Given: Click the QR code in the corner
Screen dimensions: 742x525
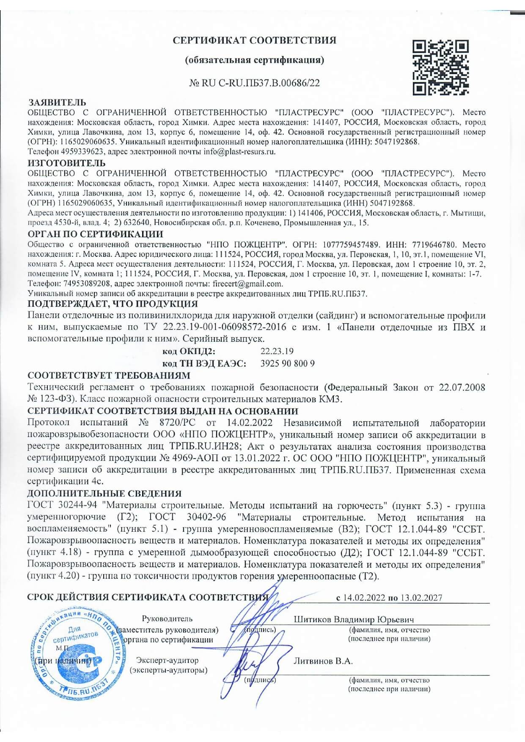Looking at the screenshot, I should [440, 67].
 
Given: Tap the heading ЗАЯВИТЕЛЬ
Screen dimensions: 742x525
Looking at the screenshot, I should [57, 102].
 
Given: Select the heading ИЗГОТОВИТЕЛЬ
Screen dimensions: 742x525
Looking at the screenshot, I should [66, 163].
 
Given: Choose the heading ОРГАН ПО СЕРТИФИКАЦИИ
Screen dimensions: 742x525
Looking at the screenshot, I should [95, 234].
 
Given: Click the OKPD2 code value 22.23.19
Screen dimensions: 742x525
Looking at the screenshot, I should [277, 351].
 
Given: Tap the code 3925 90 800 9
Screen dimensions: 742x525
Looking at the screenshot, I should [288, 363].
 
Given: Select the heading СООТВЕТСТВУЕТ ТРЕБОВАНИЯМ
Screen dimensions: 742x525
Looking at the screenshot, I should [109, 375].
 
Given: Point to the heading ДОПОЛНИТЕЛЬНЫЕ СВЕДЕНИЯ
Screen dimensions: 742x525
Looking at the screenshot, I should [104, 493].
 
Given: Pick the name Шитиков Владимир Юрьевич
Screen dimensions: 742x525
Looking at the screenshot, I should [354, 619].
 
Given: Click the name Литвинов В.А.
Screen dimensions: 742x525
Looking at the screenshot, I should [323, 661].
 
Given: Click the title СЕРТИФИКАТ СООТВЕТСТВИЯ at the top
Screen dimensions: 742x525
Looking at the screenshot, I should [254, 40].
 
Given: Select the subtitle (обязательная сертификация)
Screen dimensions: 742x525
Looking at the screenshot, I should [254, 60].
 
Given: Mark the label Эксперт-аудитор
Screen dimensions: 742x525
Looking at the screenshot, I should [167, 660].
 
